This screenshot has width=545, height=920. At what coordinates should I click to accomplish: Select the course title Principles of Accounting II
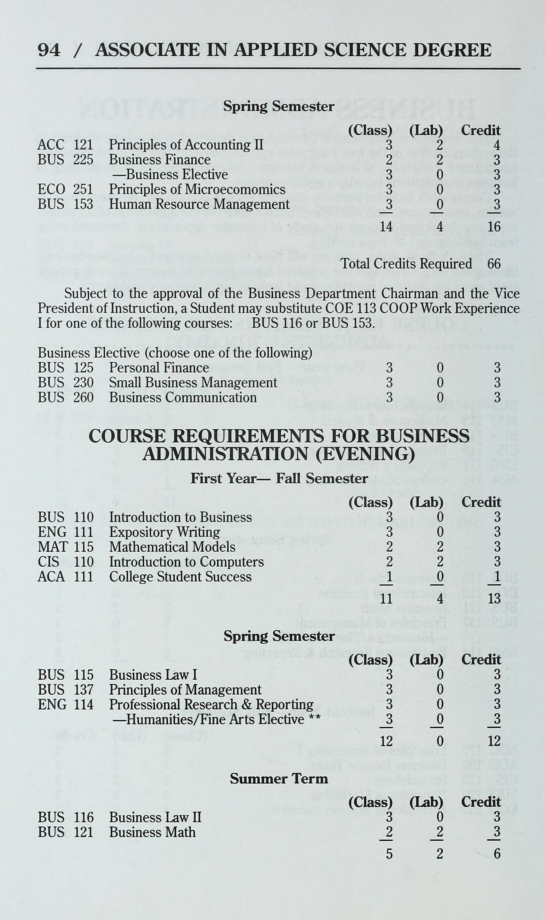[x=186, y=145]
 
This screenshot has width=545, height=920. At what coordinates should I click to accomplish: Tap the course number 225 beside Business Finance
[x=83, y=160]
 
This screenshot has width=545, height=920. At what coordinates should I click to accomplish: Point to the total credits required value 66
[x=494, y=264]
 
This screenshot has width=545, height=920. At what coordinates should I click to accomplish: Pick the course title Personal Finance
[x=159, y=368]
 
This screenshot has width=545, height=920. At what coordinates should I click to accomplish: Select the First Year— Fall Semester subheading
[x=279, y=478]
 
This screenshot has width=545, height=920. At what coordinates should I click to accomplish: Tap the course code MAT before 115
[x=52, y=547]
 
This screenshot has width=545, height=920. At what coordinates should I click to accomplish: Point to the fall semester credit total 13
[x=494, y=599]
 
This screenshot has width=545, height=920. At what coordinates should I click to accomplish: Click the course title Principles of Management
[x=185, y=689]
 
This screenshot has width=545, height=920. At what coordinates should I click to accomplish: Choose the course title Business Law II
[x=155, y=818]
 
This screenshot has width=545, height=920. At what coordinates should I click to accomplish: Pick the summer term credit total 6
[x=497, y=854]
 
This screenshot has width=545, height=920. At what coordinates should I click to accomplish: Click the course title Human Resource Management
[x=199, y=204]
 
